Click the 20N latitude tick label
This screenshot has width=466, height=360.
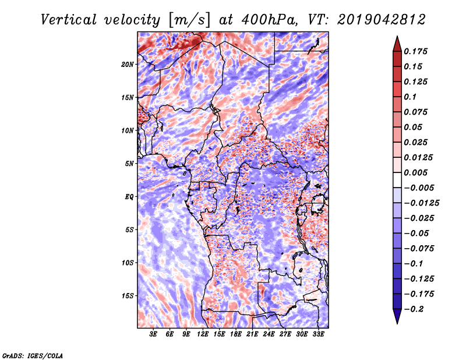pos(127,65)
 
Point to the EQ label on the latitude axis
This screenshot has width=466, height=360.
pos(129,197)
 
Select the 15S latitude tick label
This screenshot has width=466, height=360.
pos(127,296)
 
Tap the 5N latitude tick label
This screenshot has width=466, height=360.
pos(129,164)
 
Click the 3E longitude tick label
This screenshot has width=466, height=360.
pos(153,334)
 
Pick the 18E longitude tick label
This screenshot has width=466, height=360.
pos(236,334)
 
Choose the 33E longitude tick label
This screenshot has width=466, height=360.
pos(318,334)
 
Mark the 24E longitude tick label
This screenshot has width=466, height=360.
pos(269,334)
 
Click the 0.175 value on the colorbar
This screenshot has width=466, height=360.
pos(415,51)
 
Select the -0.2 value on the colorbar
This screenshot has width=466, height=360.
pos(414,309)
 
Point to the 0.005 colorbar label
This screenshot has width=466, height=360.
pos(415,172)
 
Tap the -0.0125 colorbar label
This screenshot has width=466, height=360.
pos(421,203)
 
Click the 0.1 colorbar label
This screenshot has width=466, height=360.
pos(410,97)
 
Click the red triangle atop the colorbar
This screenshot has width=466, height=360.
pos(397,44)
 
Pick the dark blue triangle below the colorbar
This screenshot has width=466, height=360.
pos(397,316)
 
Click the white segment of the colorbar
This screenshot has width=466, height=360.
pos(397,180)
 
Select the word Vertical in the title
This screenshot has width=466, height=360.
pos(68,20)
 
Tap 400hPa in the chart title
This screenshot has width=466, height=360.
pos(269,20)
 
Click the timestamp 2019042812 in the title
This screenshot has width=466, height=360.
pos(382,20)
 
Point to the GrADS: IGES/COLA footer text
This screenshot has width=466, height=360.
pos(33,355)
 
